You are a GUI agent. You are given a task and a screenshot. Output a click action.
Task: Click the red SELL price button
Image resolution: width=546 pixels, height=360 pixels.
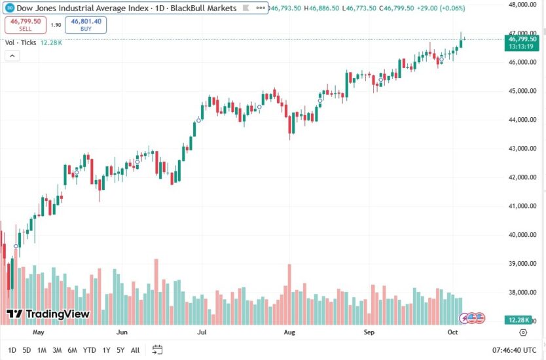coord(25,25)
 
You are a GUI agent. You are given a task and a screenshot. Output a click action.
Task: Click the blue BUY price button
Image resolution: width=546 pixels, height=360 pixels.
coord(86,25)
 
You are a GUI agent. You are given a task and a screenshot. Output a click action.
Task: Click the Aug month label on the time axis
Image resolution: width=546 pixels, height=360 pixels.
coord(289,333)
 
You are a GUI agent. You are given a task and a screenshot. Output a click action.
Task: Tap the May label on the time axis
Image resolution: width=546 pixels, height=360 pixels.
coord(38,333)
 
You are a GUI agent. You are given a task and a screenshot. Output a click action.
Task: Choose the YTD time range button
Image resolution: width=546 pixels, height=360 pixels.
coord(90,350)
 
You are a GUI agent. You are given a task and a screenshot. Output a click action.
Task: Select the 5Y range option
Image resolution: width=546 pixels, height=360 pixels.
coord(121,350)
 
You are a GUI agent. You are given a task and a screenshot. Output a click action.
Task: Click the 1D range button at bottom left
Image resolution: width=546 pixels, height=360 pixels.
coord(12,350)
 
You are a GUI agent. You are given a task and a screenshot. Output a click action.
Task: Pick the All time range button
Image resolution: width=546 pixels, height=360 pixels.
coord(135,350)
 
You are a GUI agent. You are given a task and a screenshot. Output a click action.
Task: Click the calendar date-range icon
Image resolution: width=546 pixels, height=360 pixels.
coord(157,350)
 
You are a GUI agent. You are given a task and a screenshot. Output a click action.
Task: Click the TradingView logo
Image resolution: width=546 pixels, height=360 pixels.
coord(48,314)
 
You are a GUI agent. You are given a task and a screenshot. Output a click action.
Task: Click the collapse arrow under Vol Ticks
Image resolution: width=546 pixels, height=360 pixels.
coord(12,56)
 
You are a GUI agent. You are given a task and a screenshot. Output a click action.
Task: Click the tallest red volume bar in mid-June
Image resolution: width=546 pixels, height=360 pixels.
coord(156,291)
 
